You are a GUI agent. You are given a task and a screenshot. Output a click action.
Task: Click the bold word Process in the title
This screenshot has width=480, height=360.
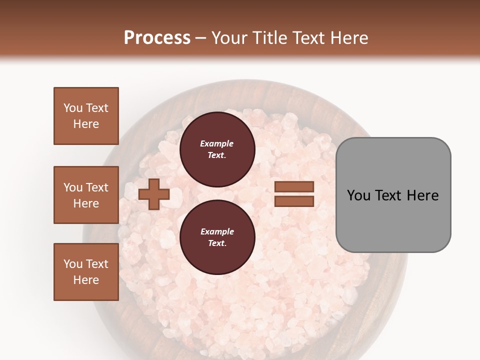tap(157, 38)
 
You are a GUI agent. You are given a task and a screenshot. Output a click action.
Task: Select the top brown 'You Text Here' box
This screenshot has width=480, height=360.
tap(86, 116)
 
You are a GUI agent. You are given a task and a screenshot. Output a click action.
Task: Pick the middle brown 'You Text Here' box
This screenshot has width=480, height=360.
tap(86, 195)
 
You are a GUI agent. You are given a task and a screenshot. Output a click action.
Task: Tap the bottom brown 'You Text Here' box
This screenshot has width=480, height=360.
tap(86, 272)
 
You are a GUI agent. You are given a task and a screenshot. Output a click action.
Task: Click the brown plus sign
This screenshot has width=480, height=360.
tap(154, 194)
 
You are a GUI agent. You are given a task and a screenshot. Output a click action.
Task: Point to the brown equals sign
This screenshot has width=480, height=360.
tap(294, 194)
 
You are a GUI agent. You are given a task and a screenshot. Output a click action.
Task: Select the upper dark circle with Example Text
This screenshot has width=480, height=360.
tap(217, 149)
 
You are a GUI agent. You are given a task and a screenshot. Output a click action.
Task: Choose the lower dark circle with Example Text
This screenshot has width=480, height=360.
tap(217, 237)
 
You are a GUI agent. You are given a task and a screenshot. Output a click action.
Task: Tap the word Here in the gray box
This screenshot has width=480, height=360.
tap(422, 195)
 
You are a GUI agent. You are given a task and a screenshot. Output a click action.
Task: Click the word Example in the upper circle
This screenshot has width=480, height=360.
tap(217, 143)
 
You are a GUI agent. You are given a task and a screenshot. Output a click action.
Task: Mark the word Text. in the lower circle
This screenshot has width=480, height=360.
tap(217, 243)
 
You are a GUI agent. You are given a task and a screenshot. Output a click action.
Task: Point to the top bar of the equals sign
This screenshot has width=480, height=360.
tap(294, 187)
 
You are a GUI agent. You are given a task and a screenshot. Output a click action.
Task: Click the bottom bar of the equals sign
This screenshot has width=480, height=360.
tap(294, 201)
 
